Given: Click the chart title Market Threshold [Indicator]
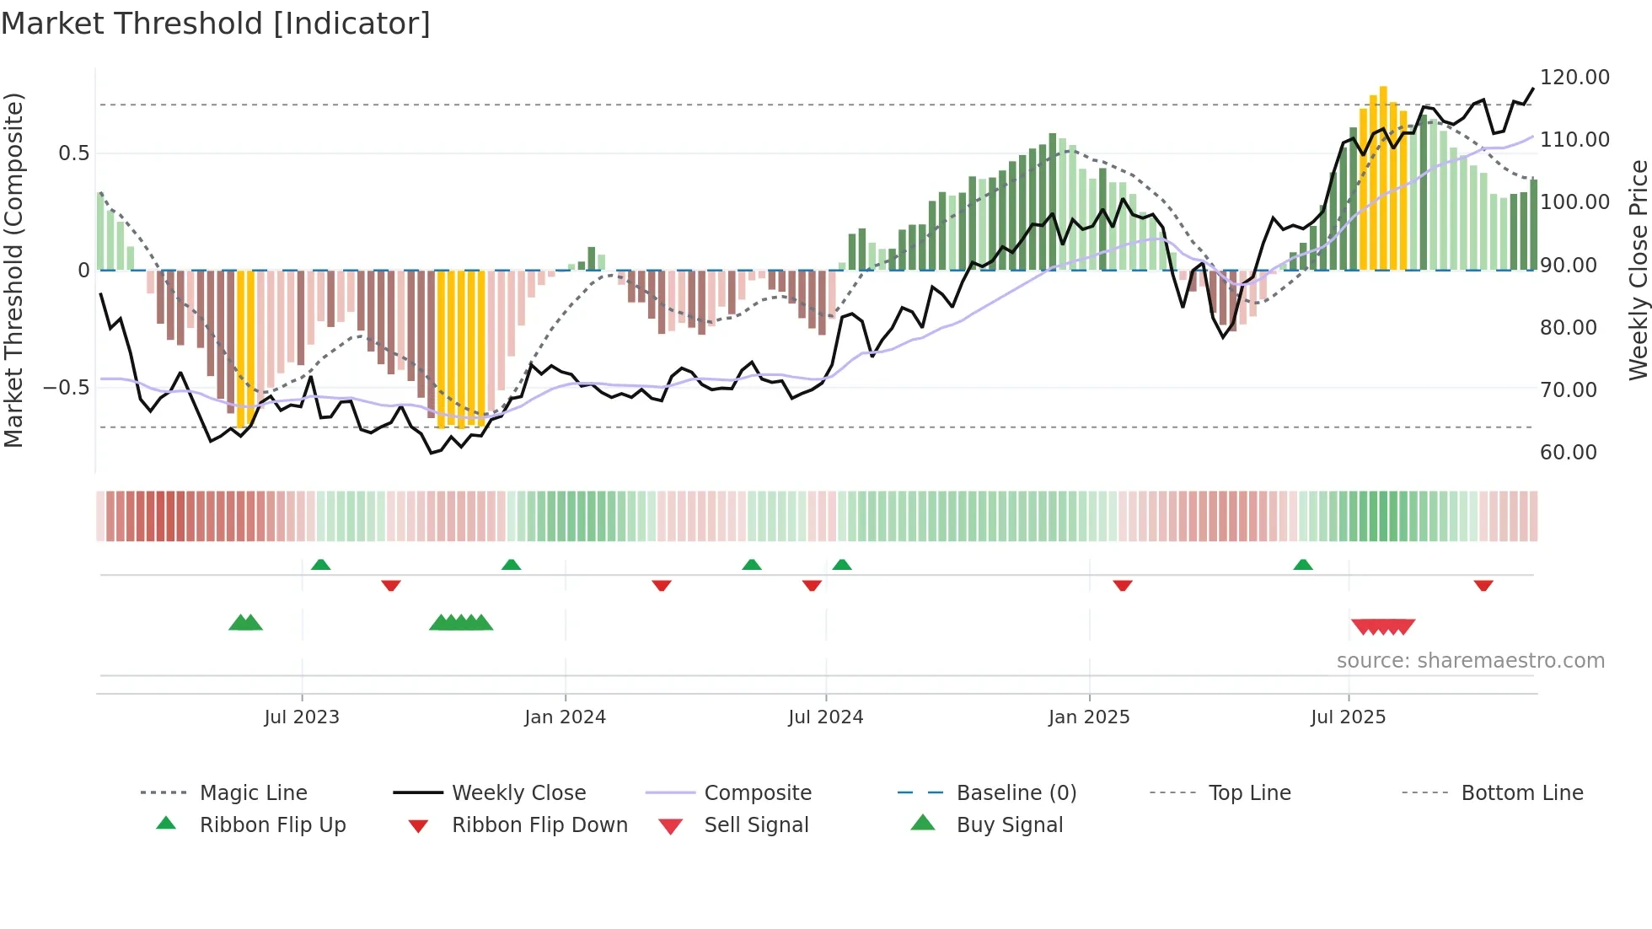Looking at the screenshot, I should [216, 24].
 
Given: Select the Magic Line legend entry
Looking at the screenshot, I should [253, 793].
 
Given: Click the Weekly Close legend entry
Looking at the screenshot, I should [518, 793].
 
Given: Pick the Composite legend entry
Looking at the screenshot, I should [757, 793].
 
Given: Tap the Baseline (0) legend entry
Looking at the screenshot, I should [1016, 793].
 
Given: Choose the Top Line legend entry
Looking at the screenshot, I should [1249, 793].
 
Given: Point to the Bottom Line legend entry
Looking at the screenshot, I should [1521, 793].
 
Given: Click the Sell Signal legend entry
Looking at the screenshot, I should [756, 825].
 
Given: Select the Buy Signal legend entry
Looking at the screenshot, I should [1009, 825].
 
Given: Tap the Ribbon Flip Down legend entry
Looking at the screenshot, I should [539, 825].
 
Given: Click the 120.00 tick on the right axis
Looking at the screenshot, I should [1574, 78].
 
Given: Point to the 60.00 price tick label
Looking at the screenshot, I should [1568, 453].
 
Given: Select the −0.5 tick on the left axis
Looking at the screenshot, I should [66, 388].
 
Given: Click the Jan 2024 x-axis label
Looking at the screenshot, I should [565, 717].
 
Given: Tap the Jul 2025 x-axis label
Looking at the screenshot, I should [1348, 717].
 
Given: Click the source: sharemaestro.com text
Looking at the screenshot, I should [1470, 661].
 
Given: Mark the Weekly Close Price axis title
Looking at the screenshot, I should [1638, 270].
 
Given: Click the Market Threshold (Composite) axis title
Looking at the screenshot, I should [13, 270].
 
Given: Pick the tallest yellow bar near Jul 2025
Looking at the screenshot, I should [1383, 177].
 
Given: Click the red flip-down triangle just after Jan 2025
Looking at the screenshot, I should [1122, 585].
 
